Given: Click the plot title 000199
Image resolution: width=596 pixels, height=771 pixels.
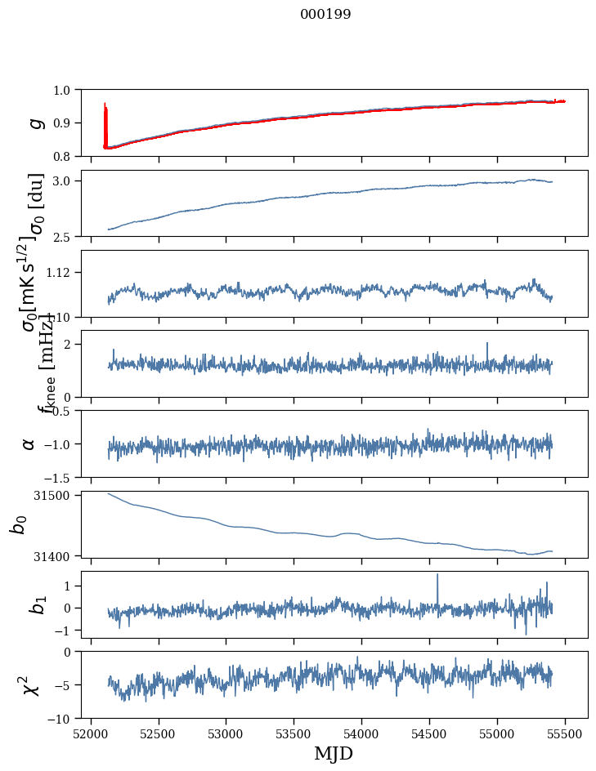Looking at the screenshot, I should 325,15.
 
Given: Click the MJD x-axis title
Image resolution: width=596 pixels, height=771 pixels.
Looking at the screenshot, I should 334,753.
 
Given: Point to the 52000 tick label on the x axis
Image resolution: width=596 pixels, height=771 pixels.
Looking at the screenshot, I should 91,733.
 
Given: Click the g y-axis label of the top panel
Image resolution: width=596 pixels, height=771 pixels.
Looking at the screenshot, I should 35,123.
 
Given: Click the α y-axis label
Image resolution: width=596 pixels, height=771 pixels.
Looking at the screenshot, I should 29,443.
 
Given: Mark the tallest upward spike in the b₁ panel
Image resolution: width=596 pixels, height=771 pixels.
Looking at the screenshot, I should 437,575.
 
